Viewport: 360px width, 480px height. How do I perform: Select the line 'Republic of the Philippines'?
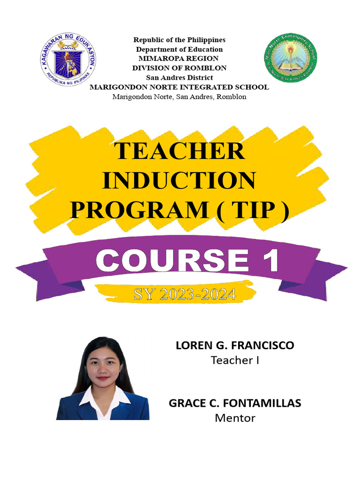180,40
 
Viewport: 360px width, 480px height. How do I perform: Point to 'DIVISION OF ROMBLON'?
179,68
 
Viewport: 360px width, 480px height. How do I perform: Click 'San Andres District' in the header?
180,77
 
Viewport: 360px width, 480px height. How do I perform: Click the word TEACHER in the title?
180,151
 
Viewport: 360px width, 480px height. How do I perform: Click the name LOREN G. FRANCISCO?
235,346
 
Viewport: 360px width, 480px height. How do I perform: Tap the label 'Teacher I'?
235,360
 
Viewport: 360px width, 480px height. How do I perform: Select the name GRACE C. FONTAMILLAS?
235,403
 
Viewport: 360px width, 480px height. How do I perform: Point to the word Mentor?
235,418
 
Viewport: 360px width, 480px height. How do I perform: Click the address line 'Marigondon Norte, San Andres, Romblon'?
180,97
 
